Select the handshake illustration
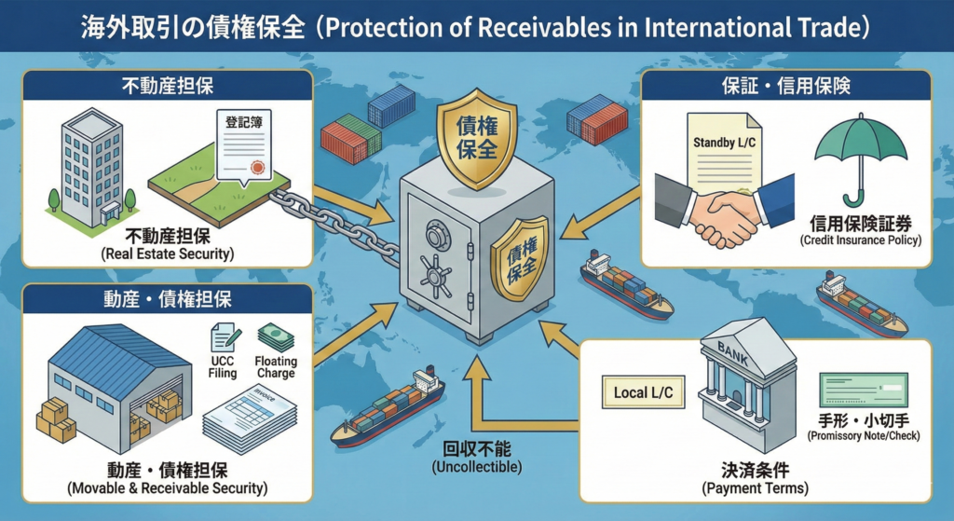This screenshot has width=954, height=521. (x=721, y=212)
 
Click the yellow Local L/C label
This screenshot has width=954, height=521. (x=643, y=393)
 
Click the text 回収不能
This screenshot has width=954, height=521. (x=476, y=446)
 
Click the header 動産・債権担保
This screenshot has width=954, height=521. (x=169, y=299)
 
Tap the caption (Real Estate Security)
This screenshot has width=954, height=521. (x=168, y=253)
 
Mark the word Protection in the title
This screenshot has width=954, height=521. (x=402, y=25)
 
